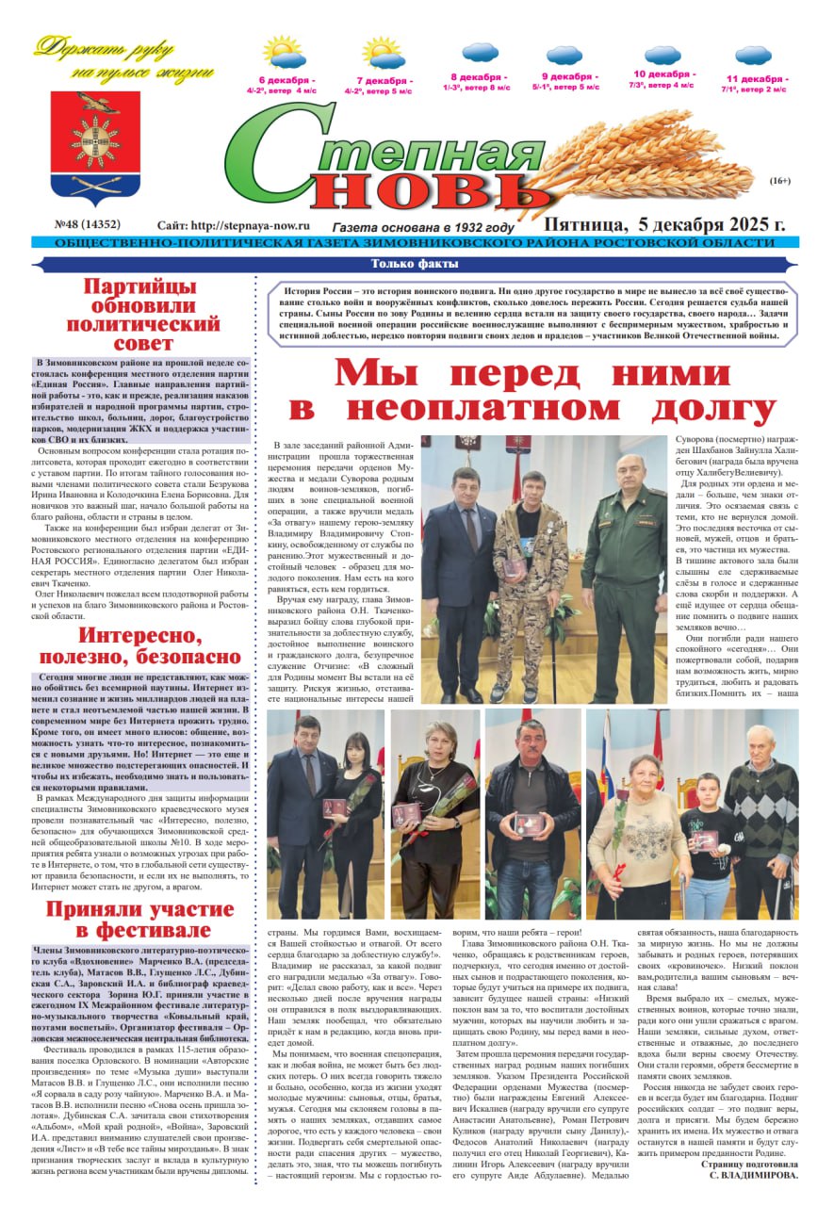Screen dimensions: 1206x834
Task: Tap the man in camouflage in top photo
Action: pyautogui.click(x=532, y=575)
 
